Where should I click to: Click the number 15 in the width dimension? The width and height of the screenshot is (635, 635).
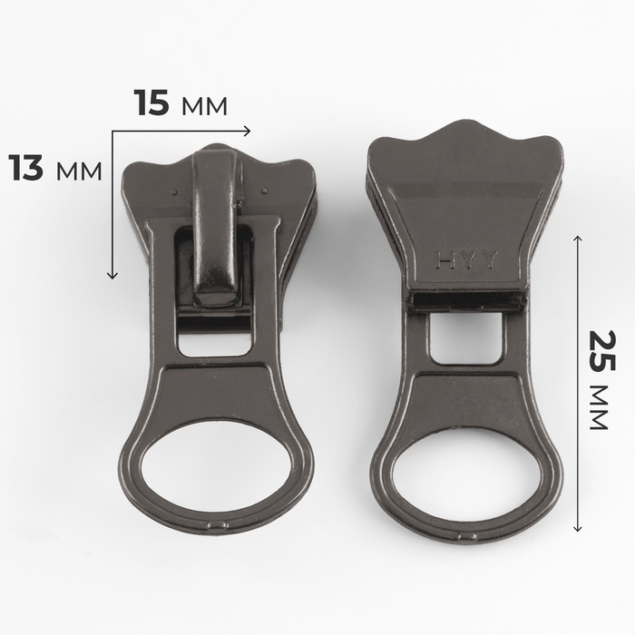pos(151,103)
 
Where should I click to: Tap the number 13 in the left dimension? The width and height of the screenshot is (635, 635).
pos(26,168)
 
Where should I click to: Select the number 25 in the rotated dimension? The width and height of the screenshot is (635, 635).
pos(601,351)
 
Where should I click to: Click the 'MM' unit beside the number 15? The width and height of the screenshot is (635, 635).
pos(204,106)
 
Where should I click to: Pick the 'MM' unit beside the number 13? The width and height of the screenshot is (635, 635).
pos(79,171)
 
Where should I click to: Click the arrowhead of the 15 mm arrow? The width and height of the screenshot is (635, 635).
pos(247,131)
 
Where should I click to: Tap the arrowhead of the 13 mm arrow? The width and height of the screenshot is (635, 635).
pos(112,276)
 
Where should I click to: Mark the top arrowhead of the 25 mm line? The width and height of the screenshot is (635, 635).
pos(578,239)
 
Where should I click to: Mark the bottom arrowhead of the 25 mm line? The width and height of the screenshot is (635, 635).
pos(578,527)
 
